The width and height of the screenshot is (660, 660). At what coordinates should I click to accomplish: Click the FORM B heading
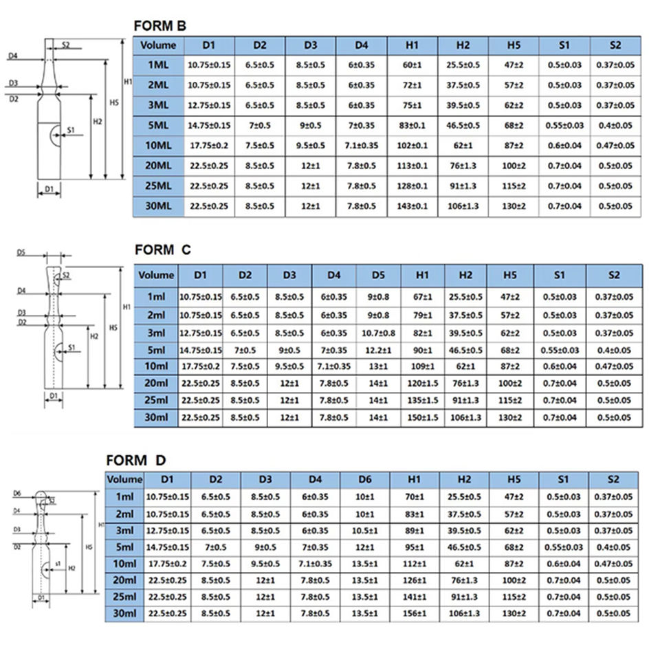click(x=159, y=27)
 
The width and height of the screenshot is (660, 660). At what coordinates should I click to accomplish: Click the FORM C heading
click(x=162, y=250)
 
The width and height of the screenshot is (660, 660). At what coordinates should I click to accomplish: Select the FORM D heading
click(x=135, y=460)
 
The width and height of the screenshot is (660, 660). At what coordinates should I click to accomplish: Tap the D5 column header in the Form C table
click(x=377, y=275)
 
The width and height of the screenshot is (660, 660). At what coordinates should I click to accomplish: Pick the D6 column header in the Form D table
click(x=364, y=479)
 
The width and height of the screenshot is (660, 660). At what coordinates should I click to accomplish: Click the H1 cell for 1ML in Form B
click(x=412, y=65)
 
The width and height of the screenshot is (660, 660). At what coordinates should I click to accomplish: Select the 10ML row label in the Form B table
click(x=159, y=146)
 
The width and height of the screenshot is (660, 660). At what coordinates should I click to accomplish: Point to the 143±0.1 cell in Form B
click(x=412, y=206)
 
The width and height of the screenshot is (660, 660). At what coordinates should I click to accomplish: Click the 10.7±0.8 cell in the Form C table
click(x=377, y=333)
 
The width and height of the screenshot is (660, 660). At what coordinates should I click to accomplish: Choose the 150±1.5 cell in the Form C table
click(x=421, y=417)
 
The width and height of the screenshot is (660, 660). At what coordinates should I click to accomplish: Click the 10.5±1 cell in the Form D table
click(x=364, y=531)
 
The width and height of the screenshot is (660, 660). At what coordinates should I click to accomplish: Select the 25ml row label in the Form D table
click(x=124, y=596)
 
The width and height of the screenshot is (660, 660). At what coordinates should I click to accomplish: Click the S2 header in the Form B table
click(x=615, y=45)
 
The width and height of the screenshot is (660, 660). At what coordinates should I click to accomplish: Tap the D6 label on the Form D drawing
click(x=16, y=493)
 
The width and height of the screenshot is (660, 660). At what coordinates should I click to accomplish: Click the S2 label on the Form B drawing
click(x=66, y=45)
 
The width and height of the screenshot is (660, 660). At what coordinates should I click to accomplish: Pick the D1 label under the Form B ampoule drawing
click(x=49, y=188)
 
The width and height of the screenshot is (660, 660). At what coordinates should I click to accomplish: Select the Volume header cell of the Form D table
click(x=124, y=479)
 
